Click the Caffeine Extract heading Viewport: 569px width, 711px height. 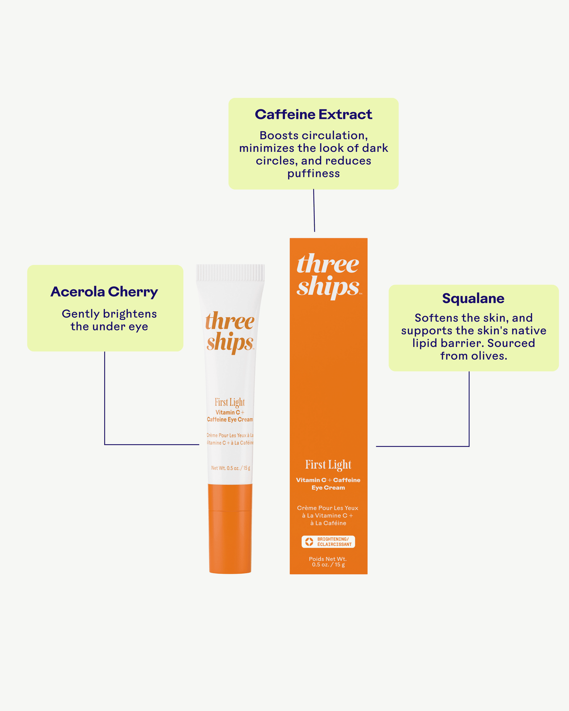[313, 115]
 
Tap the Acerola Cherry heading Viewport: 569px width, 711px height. [104, 292]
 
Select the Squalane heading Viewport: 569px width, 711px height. [473, 298]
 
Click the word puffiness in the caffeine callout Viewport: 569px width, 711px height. [314, 174]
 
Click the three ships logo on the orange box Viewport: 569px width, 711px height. [328, 275]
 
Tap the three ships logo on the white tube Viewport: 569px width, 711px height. [230, 332]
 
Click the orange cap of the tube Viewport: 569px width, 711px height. [230, 528]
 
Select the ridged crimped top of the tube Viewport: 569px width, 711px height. [230, 273]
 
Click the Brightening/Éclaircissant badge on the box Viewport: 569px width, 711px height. [328, 542]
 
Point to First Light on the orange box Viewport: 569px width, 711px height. [328, 465]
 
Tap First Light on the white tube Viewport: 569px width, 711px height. [230, 402]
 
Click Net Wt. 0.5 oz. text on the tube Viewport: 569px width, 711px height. [231, 468]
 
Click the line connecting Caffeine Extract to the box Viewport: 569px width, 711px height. [314, 210]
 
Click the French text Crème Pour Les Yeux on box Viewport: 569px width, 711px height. [328, 508]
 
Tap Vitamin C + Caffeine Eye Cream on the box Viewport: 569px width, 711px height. [328, 484]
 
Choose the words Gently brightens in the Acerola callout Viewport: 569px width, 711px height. [109, 314]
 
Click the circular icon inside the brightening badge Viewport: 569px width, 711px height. [309, 542]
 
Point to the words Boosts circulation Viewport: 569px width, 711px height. [313, 136]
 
